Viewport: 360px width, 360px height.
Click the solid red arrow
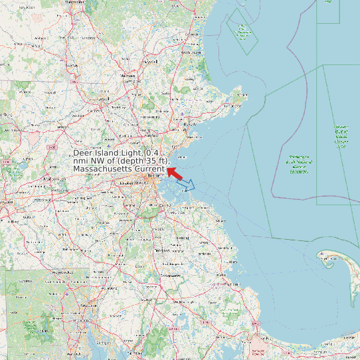pyautogui.click(x=175, y=173)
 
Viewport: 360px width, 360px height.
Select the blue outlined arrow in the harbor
pyautogui.click(x=187, y=185)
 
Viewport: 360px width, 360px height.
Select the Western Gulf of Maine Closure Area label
pyautogui.click(x=341, y=136)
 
